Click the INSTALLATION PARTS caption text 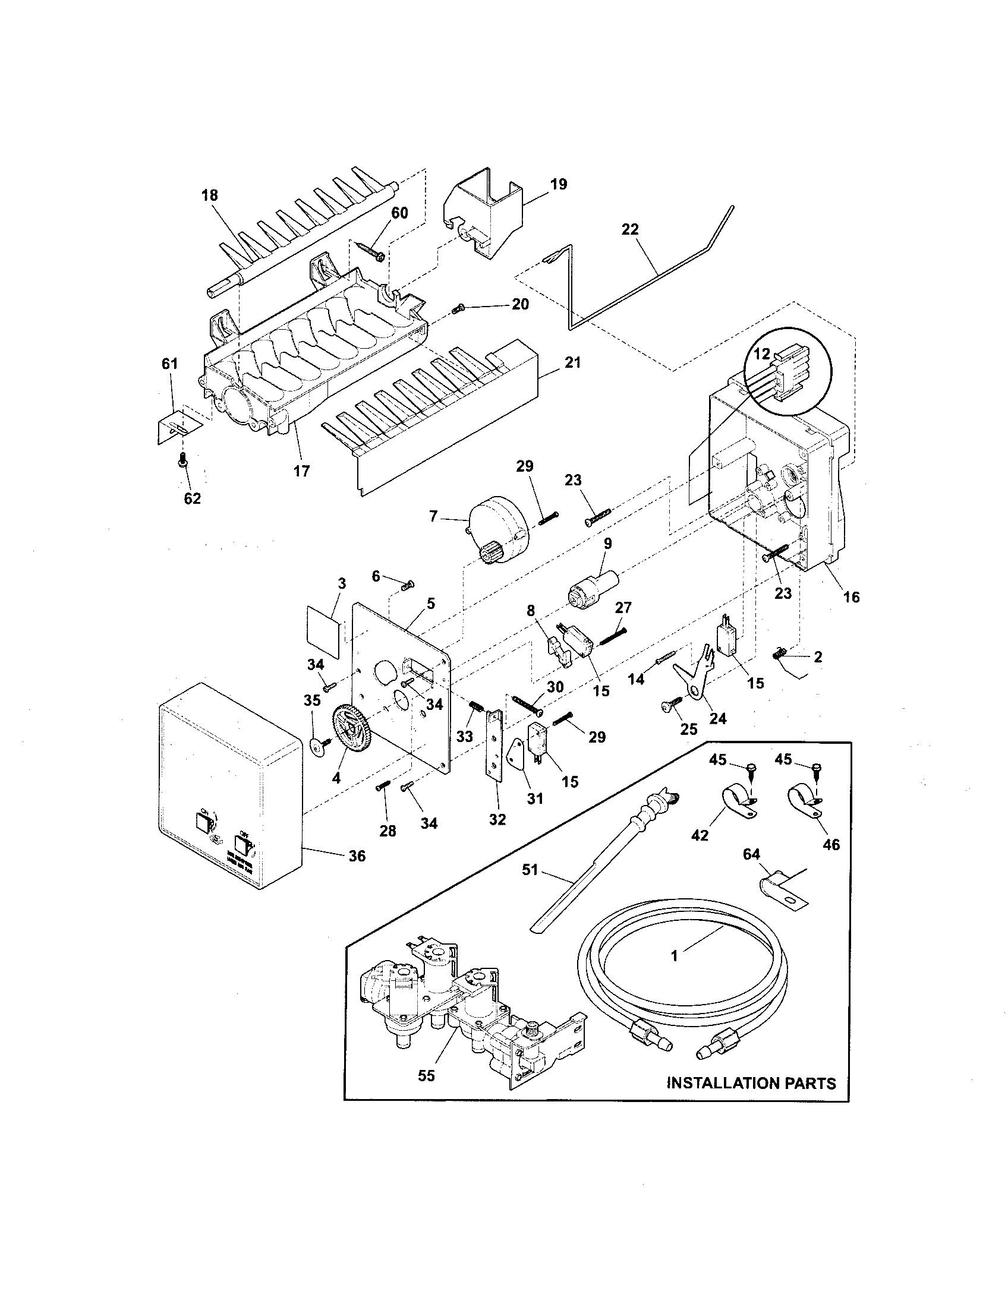pos(751,1082)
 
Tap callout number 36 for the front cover pos(357,855)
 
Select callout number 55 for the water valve pos(426,1075)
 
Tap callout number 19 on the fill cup pos(558,184)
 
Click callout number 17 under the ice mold pos(301,471)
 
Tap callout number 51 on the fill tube pos(530,870)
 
